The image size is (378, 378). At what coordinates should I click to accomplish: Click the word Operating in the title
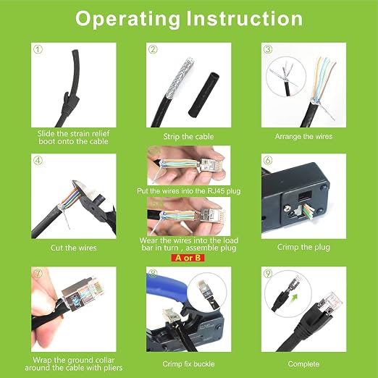coord(127,20)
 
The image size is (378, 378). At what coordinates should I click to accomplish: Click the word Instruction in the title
coord(245,19)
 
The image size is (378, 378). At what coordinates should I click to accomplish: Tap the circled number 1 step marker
coord(38,49)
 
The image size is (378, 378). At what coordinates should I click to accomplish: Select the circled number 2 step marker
coord(153,49)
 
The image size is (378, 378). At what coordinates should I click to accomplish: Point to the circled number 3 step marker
coord(268,49)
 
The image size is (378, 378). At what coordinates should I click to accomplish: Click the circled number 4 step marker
coord(38,160)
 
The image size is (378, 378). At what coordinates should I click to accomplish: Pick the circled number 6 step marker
coord(268,160)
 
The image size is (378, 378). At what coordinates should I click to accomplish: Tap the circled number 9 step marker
coord(268,273)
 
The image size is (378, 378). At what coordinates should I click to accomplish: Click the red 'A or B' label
coord(188,258)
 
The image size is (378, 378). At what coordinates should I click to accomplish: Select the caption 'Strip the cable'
coord(188,136)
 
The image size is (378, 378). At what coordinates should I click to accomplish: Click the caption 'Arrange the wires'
coord(303,136)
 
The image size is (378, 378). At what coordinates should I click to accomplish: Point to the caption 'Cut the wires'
coord(73,248)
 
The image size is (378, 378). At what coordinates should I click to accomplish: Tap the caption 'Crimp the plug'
coord(303,247)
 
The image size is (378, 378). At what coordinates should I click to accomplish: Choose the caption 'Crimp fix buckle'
coord(188,364)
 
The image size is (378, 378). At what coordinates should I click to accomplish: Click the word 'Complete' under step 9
coord(303,364)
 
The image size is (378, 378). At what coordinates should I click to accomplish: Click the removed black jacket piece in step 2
coord(203,96)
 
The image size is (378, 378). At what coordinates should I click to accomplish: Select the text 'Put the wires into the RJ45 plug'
coord(189,191)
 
